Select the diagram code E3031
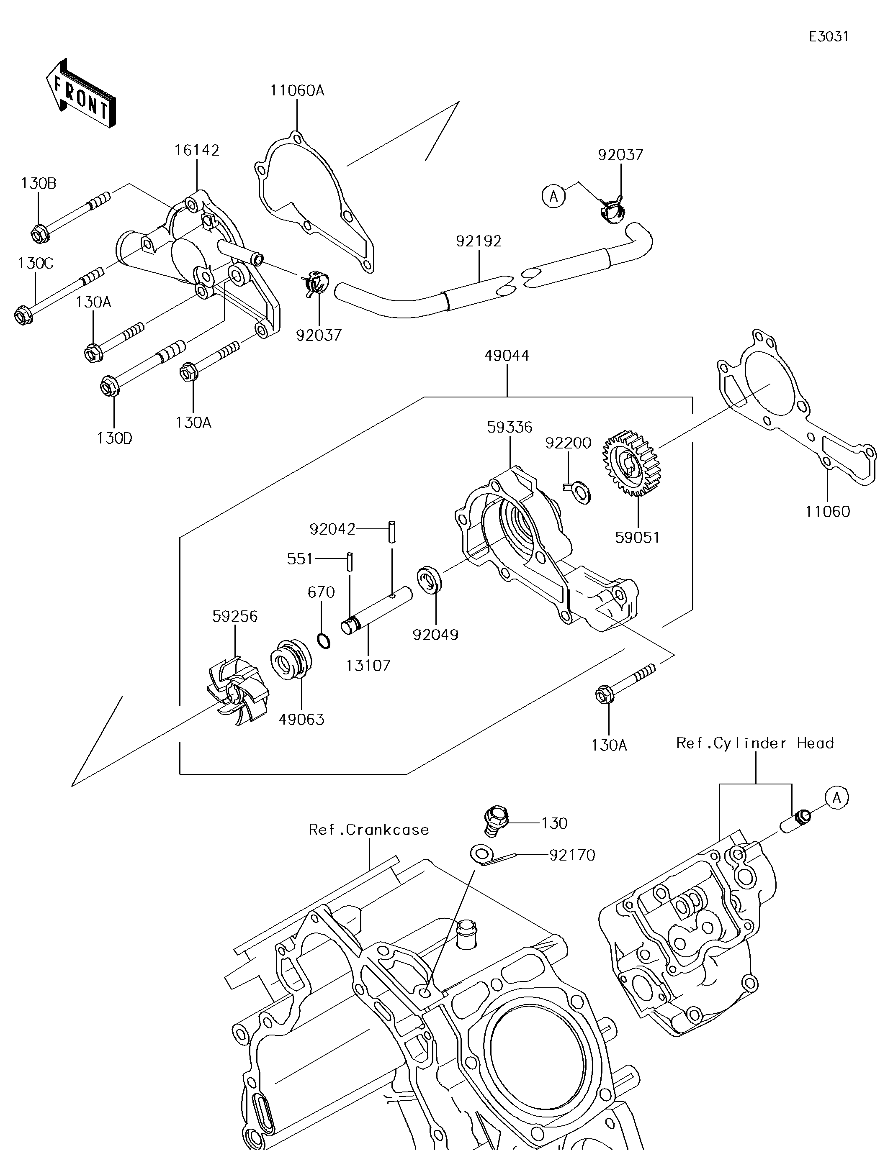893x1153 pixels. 829,36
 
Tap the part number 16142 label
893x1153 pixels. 197,151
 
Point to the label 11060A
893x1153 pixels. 297,91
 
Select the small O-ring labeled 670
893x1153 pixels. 324,641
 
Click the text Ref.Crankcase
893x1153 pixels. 369,830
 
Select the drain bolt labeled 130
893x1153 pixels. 496,820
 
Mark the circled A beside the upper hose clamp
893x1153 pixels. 553,196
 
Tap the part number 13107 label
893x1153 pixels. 368,665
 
